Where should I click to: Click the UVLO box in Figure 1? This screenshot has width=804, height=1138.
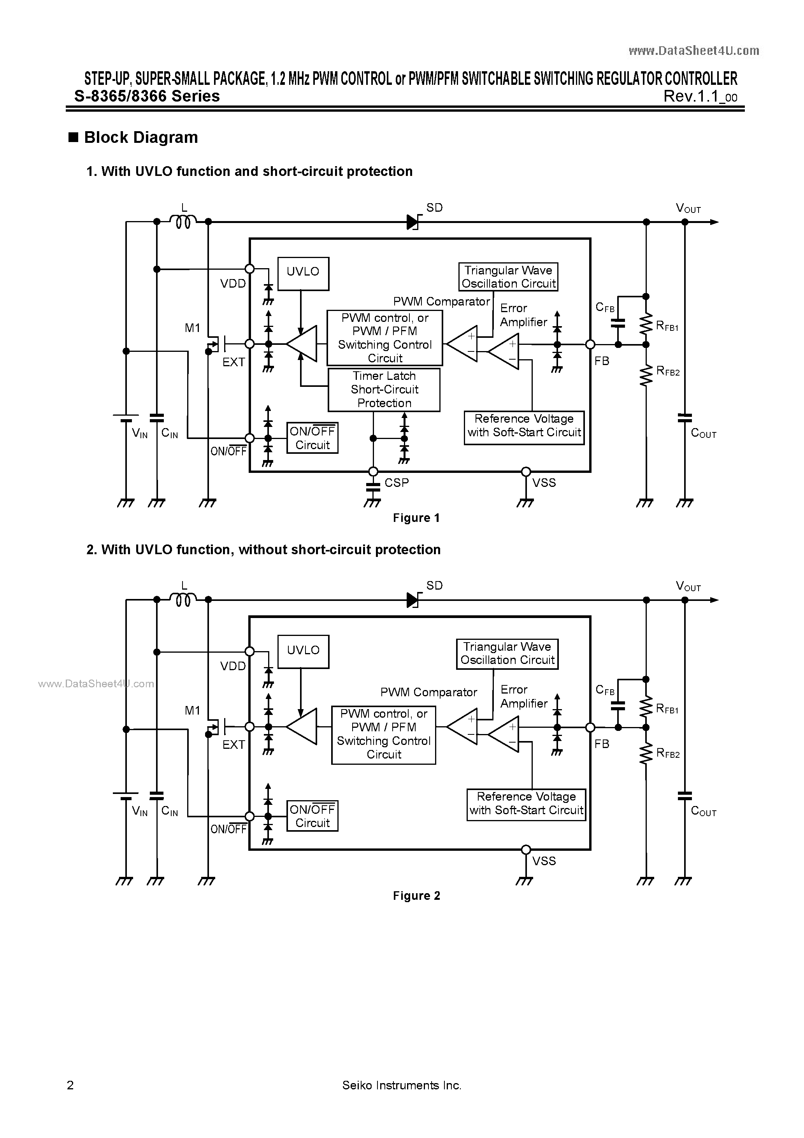303,273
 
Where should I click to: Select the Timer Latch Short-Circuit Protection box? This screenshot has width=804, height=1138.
384,390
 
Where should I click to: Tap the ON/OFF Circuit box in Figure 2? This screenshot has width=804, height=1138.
312,816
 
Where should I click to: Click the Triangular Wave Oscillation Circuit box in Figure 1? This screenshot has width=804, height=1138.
508,277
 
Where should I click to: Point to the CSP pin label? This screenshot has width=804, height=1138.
397,483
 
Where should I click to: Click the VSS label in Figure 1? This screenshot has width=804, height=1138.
544,483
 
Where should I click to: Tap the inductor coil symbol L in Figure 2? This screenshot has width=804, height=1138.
183,600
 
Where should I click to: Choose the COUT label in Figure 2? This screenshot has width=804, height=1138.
703,811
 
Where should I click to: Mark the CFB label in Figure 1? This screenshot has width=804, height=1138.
605,308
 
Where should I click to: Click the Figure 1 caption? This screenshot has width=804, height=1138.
416,518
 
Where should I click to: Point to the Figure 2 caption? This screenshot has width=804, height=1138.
416,896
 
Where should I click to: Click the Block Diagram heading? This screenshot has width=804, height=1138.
141,137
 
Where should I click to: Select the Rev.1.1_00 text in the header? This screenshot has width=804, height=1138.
700,96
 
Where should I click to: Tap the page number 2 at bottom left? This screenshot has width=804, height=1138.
70,1085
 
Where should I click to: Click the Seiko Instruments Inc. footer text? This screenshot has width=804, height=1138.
402,1085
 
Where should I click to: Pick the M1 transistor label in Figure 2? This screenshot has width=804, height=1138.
192,710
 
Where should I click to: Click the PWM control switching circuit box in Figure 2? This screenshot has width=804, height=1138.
383,734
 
